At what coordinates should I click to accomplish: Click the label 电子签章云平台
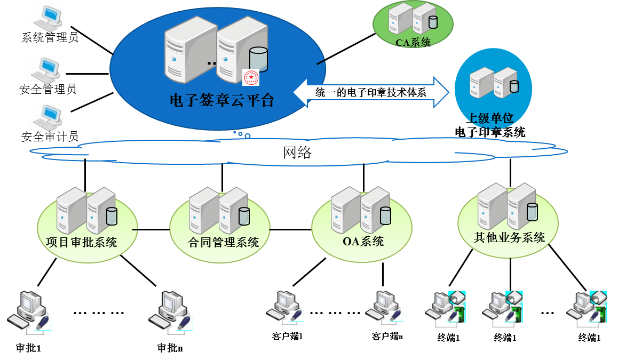point(221,100)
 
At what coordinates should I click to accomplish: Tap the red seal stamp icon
point(250,77)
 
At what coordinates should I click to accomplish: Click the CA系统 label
point(413,42)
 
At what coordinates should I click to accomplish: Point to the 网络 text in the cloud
point(297,153)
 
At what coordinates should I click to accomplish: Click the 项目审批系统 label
point(82,242)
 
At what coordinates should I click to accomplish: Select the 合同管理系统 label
point(224,243)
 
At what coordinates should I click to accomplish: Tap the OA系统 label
point(363,241)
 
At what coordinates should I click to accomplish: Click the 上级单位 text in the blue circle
point(491,118)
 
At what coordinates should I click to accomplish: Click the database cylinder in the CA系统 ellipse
point(432,22)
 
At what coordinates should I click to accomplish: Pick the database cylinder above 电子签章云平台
point(258,59)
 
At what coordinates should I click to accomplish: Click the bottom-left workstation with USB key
point(29,313)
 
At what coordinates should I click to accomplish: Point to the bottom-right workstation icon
point(587,309)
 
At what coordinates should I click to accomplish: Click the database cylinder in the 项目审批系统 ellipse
point(111,215)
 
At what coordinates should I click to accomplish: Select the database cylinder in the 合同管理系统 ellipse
point(243,215)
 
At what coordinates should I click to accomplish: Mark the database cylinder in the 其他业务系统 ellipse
point(532,211)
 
